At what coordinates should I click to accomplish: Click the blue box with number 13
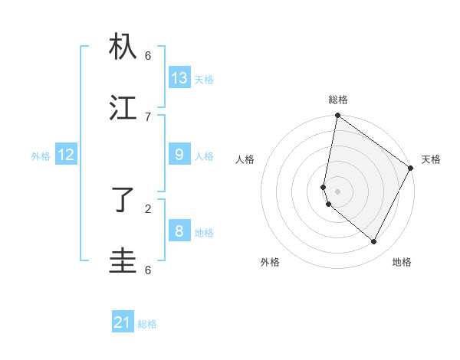(x=179, y=77)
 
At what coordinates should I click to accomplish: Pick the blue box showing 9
(x=179, y=155)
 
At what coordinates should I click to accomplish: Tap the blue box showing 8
(x=179, y=231)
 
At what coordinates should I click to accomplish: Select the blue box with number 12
(x=65, y=155)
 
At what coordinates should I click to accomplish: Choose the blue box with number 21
(x=123, y=322)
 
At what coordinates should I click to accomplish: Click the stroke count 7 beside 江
(x=148, y=116)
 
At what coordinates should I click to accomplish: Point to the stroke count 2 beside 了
(x=148, y=208)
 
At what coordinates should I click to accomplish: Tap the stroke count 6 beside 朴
(x=148, y=55)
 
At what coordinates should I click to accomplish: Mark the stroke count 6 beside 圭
(x=148, y=270)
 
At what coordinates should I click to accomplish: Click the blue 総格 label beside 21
(x=147, y=324)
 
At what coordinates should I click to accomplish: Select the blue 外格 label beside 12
(x=41, y=156)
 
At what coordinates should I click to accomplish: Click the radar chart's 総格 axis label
(x=338, y=100)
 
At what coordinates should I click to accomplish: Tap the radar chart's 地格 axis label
(x=402, y=262)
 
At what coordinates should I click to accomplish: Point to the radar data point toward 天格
(x=411, y=168)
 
